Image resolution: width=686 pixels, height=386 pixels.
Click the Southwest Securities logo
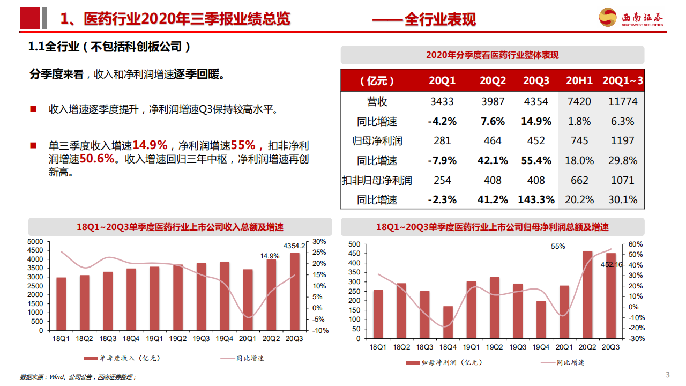click(631, 18)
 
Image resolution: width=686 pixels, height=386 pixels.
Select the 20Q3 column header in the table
click(536, 81)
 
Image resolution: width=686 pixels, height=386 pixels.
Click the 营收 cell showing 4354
click(536, 101)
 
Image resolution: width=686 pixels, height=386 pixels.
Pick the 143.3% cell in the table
click(536, 200)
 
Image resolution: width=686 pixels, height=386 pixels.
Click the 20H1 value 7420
click(579, 101)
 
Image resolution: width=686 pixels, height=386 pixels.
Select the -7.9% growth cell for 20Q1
click(442, 160)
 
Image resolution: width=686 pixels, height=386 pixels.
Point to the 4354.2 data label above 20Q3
click(294, 246)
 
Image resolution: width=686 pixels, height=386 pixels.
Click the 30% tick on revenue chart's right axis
click(319, 241)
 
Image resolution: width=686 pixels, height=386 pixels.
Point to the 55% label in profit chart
click(558, 247)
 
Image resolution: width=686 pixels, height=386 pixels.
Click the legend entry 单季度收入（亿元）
click(122, 358)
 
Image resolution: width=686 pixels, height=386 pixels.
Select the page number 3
click(667, 374)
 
